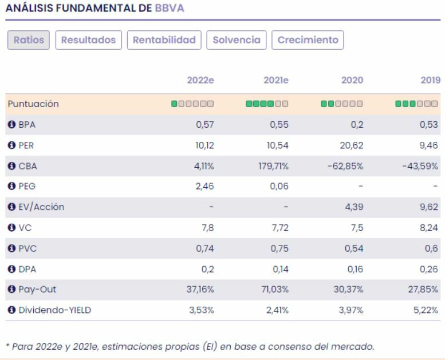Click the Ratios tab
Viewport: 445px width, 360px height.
[29, 41]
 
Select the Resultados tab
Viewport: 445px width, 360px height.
[88, 41]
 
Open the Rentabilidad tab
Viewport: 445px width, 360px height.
[164, 41]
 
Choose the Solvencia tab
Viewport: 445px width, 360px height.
[237, 41]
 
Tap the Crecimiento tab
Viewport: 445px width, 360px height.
[308, 41]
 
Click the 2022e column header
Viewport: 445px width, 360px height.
[200, 81]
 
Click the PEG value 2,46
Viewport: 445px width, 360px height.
[204, 187]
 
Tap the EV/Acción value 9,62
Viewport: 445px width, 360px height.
[430, 207]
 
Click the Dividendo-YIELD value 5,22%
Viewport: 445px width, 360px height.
[428, 311]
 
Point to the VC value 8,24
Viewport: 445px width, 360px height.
[430, 228]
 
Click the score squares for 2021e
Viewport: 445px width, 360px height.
[266, 104]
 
